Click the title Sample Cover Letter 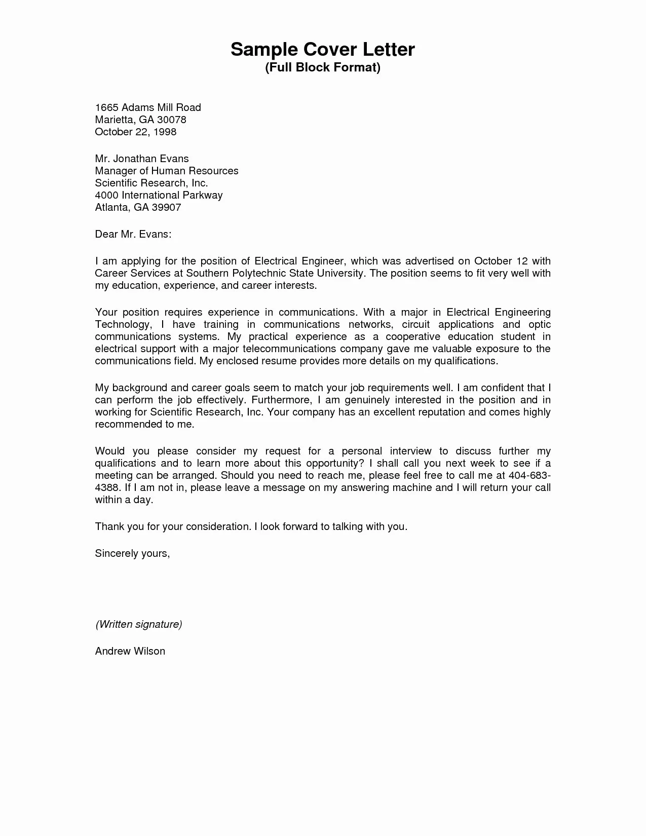point(323,49)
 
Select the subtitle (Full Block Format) point(323,67)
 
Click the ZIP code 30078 point(171,120)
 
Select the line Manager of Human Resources point(167,171)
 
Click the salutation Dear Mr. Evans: point(133,234)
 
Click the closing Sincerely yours point(132,553)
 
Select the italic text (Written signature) point(138,624)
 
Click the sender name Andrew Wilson point(130,651)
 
